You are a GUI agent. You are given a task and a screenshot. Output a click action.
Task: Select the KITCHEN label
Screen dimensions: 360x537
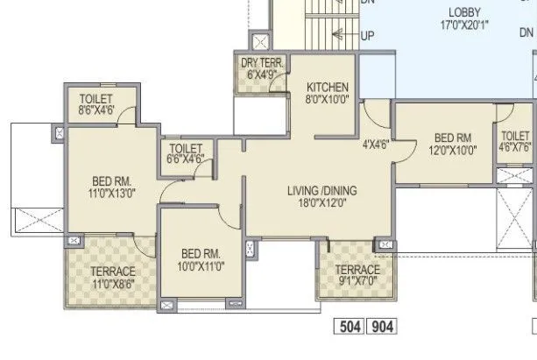point(328,88)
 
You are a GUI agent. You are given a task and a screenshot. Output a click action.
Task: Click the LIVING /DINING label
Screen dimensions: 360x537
point(323,191)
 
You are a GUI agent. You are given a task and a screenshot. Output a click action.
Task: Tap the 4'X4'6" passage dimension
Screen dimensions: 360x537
point(376,146)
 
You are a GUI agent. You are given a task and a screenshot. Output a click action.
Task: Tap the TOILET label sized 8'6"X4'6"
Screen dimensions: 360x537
point(96,98)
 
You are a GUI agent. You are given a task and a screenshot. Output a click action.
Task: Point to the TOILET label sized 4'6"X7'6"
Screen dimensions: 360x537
point(515,136)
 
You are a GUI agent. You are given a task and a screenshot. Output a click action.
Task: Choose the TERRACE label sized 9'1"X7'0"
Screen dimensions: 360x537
point(357,270)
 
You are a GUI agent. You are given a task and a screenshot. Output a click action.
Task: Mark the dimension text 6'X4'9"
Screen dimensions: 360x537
point(261,74)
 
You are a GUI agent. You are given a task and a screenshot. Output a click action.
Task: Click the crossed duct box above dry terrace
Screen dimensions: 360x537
point(260,40)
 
